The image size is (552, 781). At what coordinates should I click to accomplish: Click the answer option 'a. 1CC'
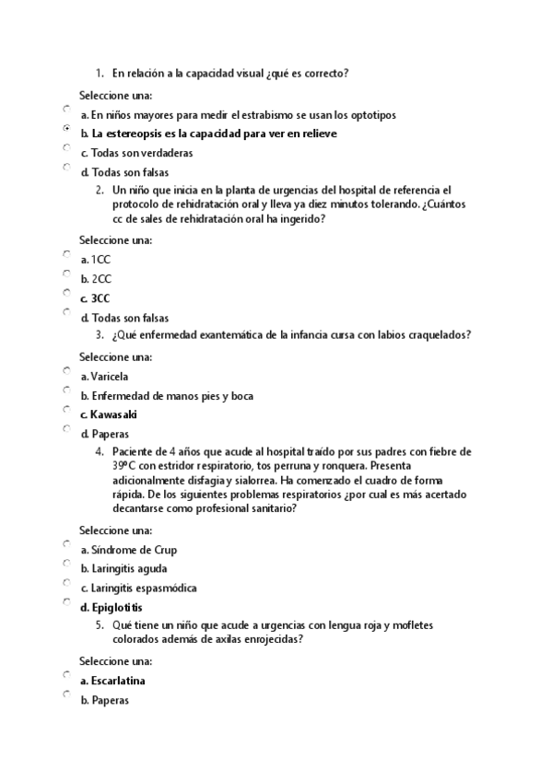pos(95,260)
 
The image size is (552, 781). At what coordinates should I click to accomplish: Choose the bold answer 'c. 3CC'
pos(95,298)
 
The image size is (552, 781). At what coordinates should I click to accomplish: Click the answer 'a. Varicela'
pos(104,376)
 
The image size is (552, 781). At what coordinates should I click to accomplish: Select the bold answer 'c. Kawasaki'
pos(108,414)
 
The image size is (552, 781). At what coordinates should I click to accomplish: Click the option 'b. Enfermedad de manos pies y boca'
pos(166,395)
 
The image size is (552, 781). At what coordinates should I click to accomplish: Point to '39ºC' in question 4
pos(124,466)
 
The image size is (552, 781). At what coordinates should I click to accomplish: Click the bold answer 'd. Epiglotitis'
pos(112,607)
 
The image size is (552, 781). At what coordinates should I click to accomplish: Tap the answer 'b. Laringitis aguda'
pos(123,568)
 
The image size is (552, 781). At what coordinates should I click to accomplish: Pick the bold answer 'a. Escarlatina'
pos(112,681)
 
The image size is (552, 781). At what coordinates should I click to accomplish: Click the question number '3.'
pos(99,335)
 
